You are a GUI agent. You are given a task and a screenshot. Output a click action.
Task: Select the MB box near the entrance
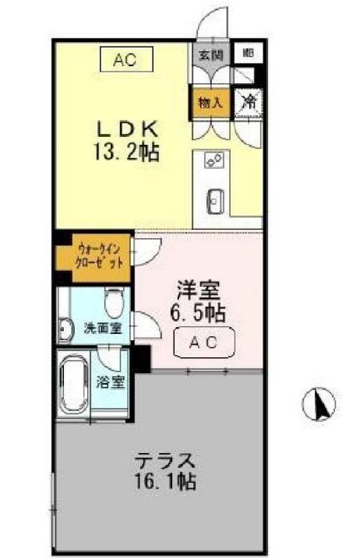point(248,54)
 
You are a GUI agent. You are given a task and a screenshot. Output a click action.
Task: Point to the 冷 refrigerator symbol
point(249,101)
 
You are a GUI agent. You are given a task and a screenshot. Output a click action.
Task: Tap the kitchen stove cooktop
point(214,160)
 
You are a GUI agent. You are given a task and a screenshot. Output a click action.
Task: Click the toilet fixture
point(114,301)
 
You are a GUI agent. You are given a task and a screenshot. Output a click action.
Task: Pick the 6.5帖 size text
point(198,314)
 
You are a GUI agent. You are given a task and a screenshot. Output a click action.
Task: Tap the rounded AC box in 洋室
point(201,341)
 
